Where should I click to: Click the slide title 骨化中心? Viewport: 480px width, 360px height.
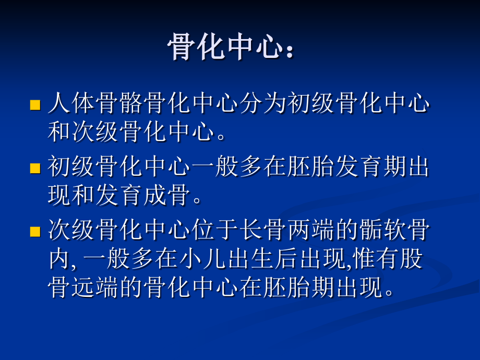click(x=225, y=47)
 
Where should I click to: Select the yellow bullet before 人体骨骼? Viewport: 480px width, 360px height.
click(x=35, y=105)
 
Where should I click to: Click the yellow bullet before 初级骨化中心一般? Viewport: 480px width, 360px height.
click(x=35, y=168)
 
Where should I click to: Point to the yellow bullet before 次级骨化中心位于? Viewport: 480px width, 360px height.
click(x=35, y=232)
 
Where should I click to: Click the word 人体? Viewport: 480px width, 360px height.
click(x=71, y=103)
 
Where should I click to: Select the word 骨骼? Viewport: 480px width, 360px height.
click(x=119, y=103)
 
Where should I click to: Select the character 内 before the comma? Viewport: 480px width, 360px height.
click(x=59, y=259)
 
